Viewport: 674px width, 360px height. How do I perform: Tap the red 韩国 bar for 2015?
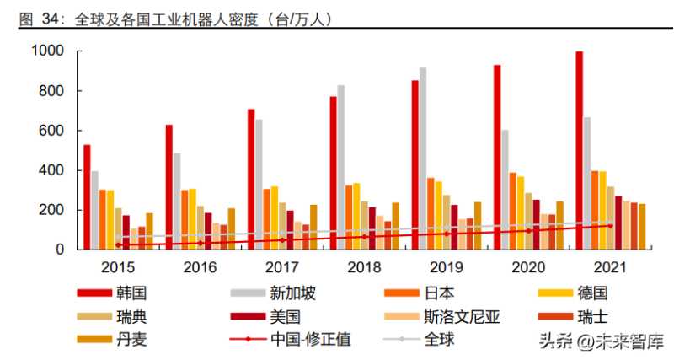(x=87, y=196)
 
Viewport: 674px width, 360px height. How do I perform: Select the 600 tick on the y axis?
(x=53, y=131)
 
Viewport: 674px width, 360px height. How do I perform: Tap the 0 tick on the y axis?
(x=59, y=250)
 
